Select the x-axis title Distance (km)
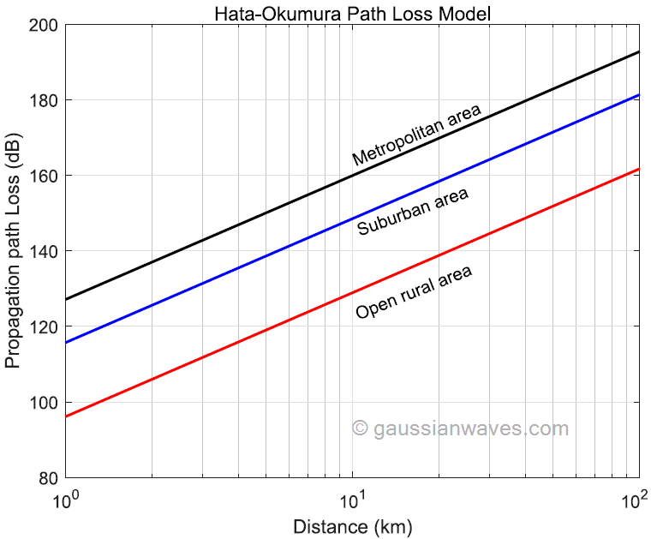353,526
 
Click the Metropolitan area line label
417,135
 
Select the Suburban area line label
413,212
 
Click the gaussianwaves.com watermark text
461,428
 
